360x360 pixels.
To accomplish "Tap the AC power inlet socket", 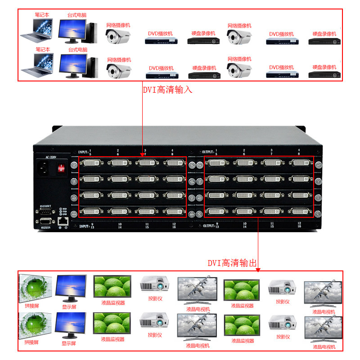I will click(x=45, y=169).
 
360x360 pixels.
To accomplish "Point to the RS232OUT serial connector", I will click(x=45, y=212).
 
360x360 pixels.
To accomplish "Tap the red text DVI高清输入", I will click(x=167, y=90).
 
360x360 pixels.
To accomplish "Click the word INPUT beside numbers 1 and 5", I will click(x=84, y=151).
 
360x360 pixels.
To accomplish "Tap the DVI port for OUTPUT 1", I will click(x=217, y=163).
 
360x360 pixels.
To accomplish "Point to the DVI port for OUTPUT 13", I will click(x=217, y=211).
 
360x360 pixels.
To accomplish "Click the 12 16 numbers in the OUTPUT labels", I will click(x=299, y=225).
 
